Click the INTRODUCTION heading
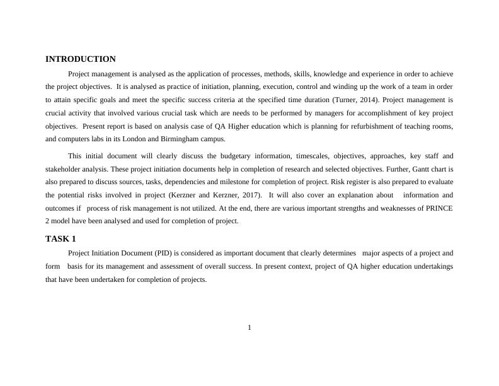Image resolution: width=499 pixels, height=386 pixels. point(81,59)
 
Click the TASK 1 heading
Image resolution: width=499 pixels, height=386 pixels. point(60,239)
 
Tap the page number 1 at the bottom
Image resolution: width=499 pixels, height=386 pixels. point(249,327)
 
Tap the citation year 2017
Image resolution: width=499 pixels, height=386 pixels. point(244,195)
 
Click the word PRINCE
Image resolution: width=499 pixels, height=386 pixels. point(440,208)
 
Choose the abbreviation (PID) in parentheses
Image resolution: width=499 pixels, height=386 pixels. point(163,253)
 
